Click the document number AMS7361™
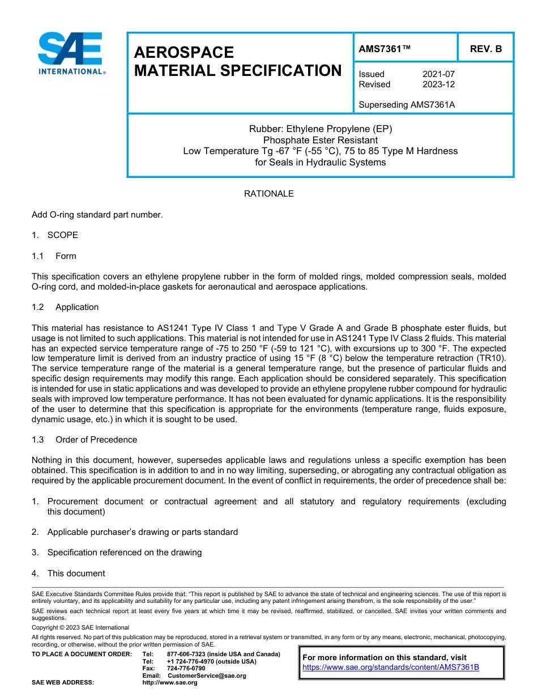pyautogui.click(x=385, y=49)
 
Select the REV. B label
pyautogui.click(x=485, y=49)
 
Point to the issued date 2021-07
pyautogui.click(x=438, y=74)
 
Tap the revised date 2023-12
pyautogui.click(x=438, y=84)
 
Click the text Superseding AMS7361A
pyautogui.click(x=399, y=105)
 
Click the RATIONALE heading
pyautogui.click(x=268, y=194)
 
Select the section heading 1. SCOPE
pyautogui.click(x=55, y=235)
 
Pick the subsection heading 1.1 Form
pyautogui.click(x=54, y=256)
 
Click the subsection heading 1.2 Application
pyautogui.click(x=65, y=307)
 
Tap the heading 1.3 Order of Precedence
pyautogui.click(x=84, y=440)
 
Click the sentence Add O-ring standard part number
pyautogui.click(x=97, y=215)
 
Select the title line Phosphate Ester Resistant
pyautogui.click(x=321, y=140)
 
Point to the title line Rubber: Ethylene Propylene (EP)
pyautogui.click(x=321, y=129)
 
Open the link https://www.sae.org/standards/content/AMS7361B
pyautogui.click(x=391, y=667)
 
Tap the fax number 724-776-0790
pyautogui.click(x=186, y=669)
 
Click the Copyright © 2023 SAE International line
pyautogui.click(x=80, y=627)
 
